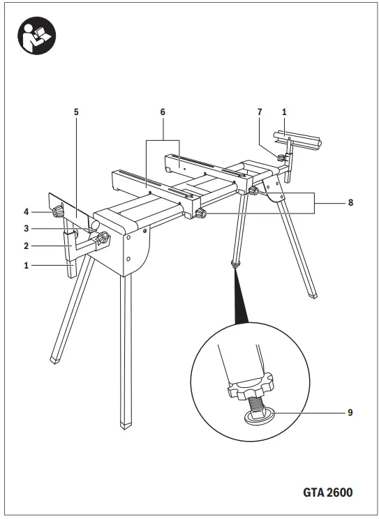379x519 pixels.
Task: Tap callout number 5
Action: pyautogui.click(x=76, y=111)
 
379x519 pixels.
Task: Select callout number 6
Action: pyautogui.click(x=163, y=111)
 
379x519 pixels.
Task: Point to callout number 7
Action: pyautogui.click(x=259, y=111)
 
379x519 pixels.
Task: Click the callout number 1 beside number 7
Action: pyautogui.click(x=284, y=111)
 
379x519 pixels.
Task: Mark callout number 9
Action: pyautogui.click(x=350, y=412)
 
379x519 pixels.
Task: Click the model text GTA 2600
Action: pyautogui.click(x=327, y=492)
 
